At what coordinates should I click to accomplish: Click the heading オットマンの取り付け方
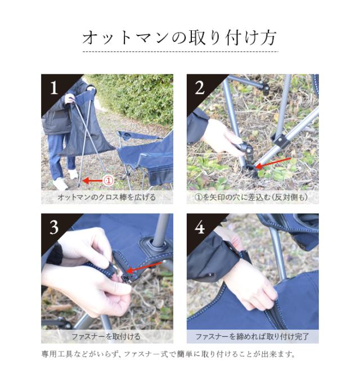tap(179, 38)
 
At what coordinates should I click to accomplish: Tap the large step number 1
tap(54, 88)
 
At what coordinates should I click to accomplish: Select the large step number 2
tap(200, 88)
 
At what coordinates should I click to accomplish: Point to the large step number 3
tap(54, 227)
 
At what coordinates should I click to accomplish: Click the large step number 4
tap(200, 227)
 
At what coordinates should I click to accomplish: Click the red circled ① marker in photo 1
tap(108, 181)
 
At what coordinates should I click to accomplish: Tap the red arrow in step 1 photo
tap(93, 181)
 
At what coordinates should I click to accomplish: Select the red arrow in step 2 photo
tap(273, 163)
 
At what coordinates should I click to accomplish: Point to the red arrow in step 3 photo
tap(144, 267)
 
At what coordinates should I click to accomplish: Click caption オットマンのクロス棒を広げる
tap(107, 197)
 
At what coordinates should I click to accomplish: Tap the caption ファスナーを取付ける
tap(106, 336)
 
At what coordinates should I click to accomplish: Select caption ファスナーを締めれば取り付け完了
tap(252, 336)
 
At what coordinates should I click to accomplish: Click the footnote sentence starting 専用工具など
tap(169, 354)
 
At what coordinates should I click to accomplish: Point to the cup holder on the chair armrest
tap(127, 135)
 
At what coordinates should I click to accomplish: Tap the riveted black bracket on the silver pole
tap(280, 140)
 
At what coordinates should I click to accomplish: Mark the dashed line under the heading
tap(181, 52)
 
